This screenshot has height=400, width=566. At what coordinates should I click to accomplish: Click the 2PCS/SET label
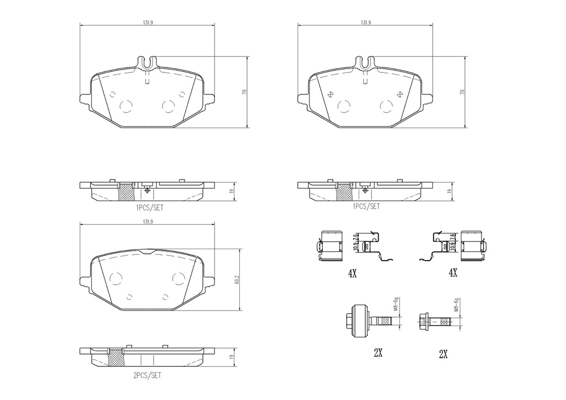tap(147, 376)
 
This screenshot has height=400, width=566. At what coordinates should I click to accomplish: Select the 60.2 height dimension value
tap(237, 280)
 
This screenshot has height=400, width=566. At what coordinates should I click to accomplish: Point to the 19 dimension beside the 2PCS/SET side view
tap(232, 356)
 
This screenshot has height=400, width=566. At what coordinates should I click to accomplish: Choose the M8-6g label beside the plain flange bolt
tap(456, 305)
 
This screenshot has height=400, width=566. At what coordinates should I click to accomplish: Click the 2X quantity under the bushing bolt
tap(378, 353)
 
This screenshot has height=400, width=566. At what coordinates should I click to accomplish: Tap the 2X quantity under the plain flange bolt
tap(443, 354)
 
